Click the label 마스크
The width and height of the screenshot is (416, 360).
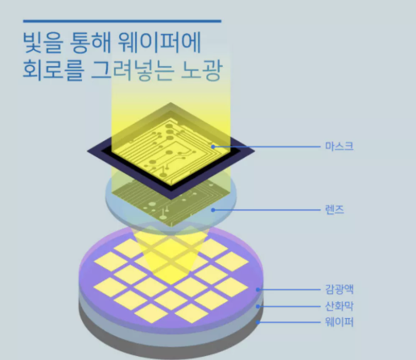pos(340,147)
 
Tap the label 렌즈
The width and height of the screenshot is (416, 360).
pos(335,209)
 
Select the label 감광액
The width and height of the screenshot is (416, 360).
pos(340,289)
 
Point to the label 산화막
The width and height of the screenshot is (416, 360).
pos(340,306)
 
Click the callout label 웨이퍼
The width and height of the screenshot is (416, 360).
pos(340,321)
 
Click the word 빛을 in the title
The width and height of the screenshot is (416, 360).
pos(43,43)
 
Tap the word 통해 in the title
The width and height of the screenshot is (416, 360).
pos(90,43)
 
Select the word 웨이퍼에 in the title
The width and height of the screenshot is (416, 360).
pos(159,43)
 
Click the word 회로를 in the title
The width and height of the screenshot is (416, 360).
pos(53,70)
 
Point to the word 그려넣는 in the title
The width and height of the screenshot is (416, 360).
pos(132,70)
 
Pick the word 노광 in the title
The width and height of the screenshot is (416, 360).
pos(202,70)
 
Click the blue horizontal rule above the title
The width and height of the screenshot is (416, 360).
pos(122,21)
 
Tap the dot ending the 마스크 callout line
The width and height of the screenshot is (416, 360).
pos(212,147)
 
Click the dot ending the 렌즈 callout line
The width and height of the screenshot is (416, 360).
pos(213,210)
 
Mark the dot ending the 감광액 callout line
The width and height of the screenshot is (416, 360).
pos(257,290)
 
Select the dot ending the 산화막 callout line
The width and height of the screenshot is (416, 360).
pos(257,306)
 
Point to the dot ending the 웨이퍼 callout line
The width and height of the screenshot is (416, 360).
pos(257,322)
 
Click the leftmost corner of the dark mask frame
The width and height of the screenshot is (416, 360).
pos(88,151)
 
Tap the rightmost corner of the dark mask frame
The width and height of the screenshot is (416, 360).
pos(254,151)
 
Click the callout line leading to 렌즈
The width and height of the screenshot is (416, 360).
pos(266,210)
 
